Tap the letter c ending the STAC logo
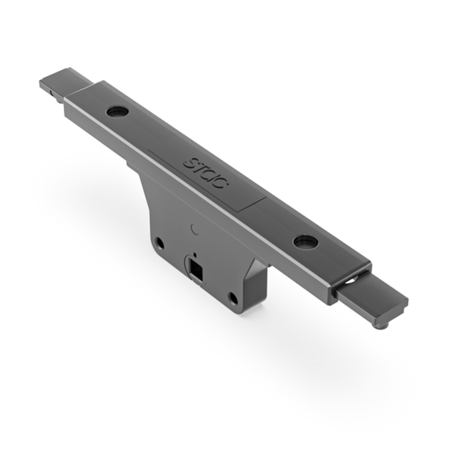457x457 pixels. pyautogui.click(x=220, y=182)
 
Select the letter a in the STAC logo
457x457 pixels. pyautogui.click(x=210, y=174)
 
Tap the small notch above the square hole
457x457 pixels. pyautogui.click(x=195, y=255)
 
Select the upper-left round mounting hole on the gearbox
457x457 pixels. pyautogui.click(x=159, y=244)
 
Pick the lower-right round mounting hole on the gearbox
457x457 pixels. pyautogui.click(x=233, y=298)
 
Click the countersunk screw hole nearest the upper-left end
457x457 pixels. pyautogui.click(x=117, y=112)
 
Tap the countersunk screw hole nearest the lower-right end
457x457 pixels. pyautogui.click(x=306, y=242)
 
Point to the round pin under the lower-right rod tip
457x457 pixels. pyautogui.click(x=380, y=325)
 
